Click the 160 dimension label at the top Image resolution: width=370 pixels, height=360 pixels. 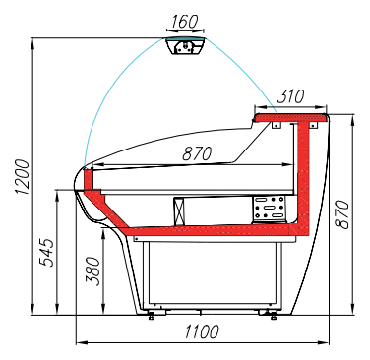(185, 22)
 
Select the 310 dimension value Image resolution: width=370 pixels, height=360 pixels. (290, 96)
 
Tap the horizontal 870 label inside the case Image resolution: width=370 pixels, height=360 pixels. (197, 153)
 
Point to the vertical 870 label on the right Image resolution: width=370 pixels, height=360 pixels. (342, 213)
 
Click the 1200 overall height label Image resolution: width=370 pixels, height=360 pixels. (23, 177)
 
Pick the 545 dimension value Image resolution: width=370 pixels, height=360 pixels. (46, 253)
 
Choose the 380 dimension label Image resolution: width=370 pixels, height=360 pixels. (92, 270)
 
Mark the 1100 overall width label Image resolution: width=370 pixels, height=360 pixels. (202, 331)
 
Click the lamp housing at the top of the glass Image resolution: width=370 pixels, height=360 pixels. (186, 46)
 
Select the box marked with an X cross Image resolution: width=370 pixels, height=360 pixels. (179, 211)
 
